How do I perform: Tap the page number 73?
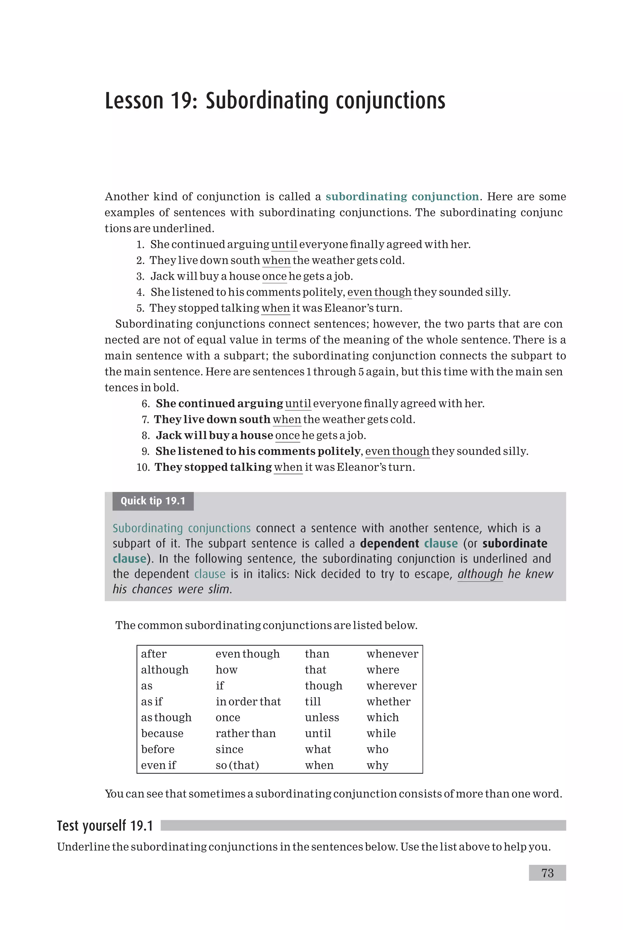(x=547, y=873)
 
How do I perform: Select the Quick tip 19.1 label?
(x=153, y=501)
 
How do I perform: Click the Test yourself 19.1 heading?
(x=105, y=826)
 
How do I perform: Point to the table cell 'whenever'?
(x=392, y=654)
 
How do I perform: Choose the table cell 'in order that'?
(x=248, y=702)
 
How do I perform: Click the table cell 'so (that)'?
(x=237, y=765)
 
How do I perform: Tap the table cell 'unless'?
(x=322, y=717)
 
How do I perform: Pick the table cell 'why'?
(x=377, y=765)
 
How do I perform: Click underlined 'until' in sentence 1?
(x=284, y=244)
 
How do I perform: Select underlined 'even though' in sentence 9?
(x=397, y=451)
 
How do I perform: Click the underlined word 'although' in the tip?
(x=480, y=574)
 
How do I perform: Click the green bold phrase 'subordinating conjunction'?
(x=402, y=197)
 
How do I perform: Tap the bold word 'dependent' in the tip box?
(x=389, y=543)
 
